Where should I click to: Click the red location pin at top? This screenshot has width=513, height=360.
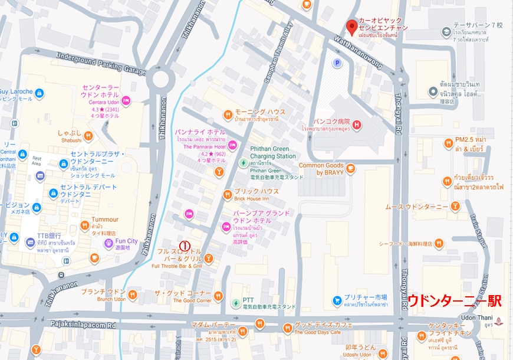[351, 26]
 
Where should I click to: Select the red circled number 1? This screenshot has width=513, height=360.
[185, 244]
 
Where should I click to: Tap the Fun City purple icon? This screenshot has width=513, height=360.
[108, 243]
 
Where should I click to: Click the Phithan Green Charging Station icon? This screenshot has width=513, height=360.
[242, 162]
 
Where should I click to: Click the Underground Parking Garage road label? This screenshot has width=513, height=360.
[100, 63]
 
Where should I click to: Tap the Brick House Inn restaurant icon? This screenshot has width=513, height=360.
[227, 195]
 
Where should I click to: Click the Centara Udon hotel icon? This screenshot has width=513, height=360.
[126, 101]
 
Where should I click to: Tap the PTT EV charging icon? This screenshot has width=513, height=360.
[235, 303]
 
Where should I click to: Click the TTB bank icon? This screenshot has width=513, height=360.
[30, 243]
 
